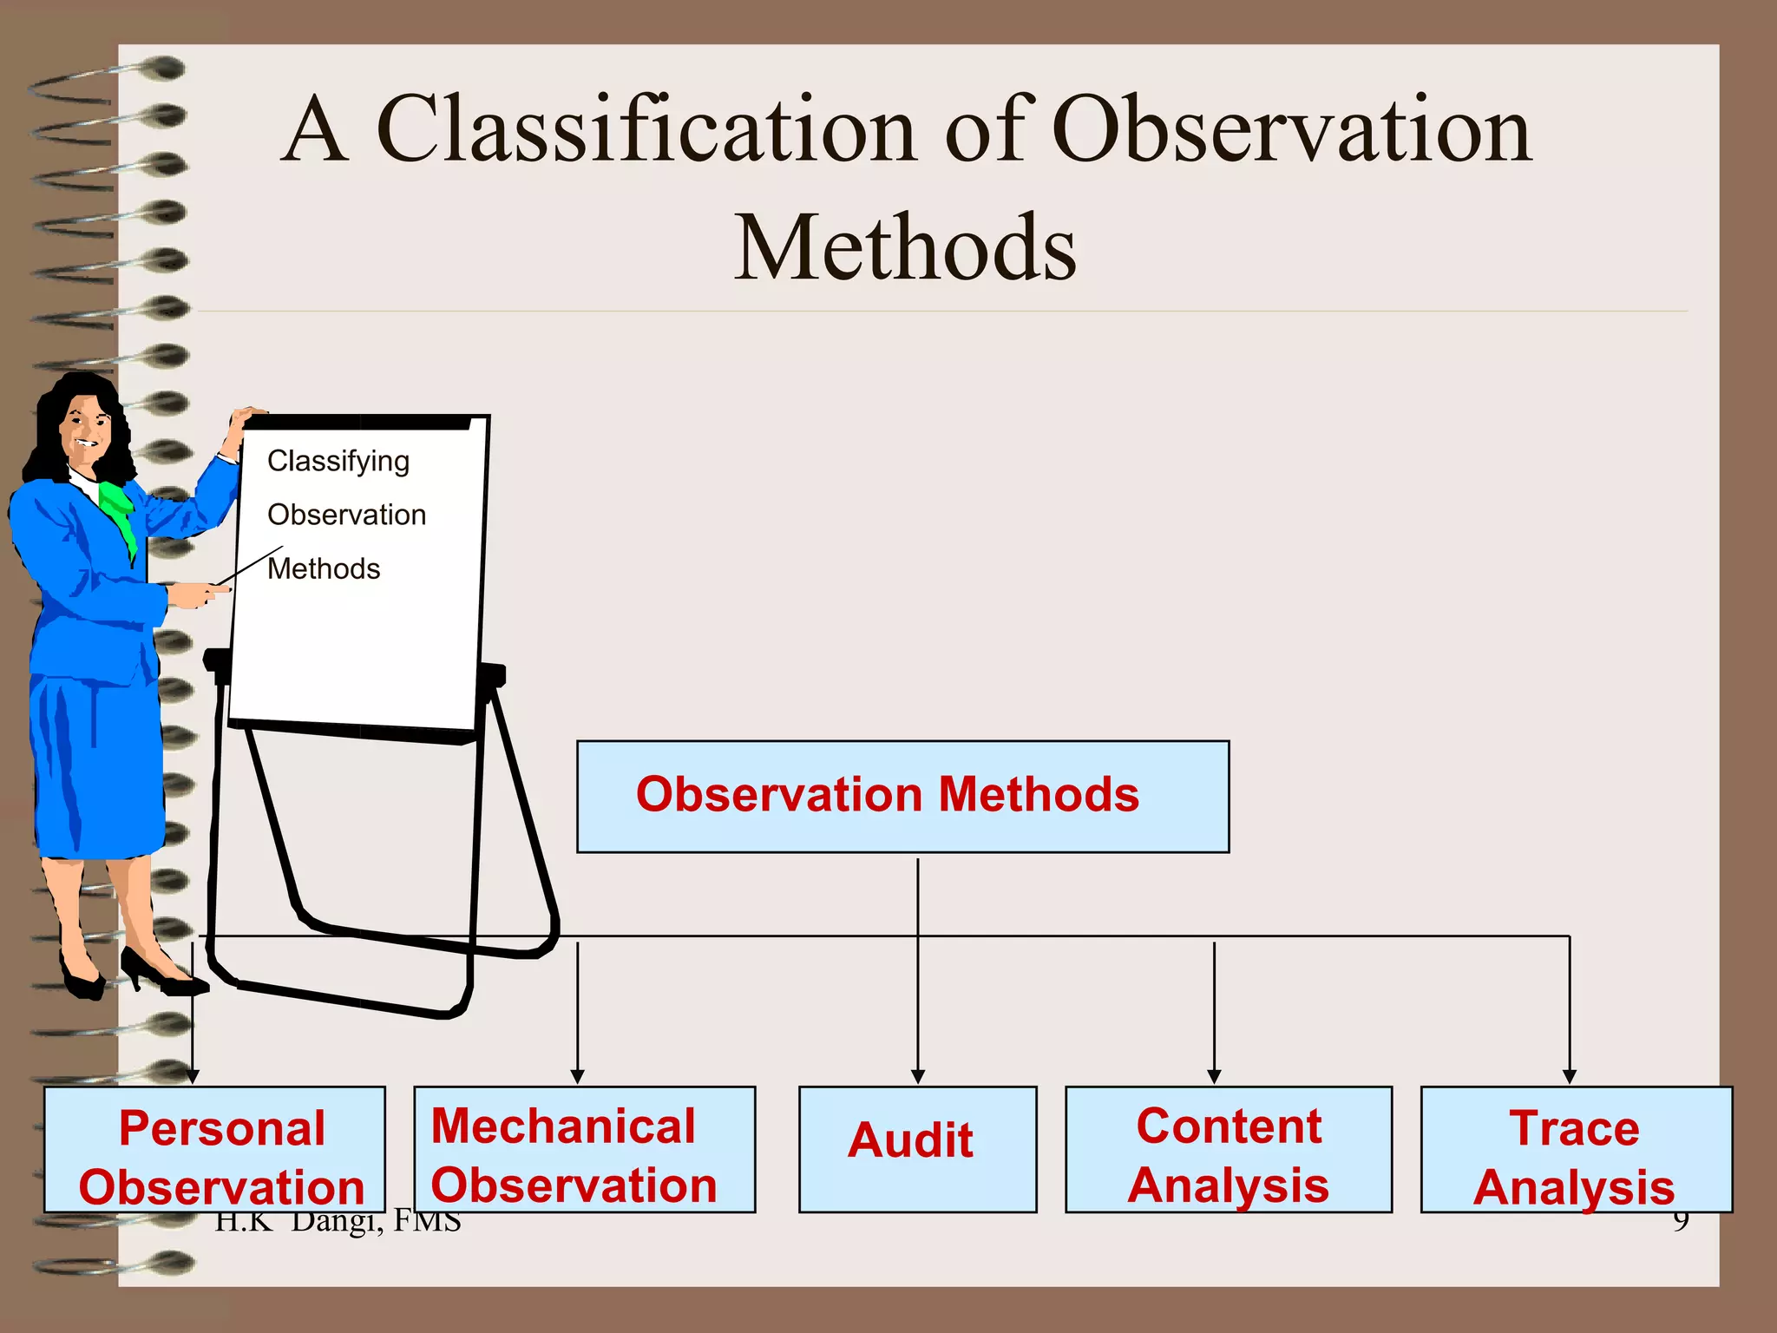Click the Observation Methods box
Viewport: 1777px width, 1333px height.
902,796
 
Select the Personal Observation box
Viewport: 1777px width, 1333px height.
214,1148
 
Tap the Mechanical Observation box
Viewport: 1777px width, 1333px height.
584,1148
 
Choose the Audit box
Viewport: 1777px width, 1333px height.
917,1148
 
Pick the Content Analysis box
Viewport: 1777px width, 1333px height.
1228,1148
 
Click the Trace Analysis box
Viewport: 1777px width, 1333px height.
1575,1148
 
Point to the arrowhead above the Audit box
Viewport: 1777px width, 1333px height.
918,1076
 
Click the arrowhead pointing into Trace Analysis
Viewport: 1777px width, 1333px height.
1569,1076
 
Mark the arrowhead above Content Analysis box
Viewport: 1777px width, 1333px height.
1214,1076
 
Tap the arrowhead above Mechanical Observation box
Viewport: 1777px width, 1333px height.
577,1076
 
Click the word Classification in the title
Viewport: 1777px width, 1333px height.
646,130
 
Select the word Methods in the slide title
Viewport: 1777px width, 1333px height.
905,249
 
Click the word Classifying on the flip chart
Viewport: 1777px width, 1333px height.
338,461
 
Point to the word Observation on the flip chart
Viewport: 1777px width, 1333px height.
346,515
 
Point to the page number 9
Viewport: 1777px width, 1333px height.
1681,1222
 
